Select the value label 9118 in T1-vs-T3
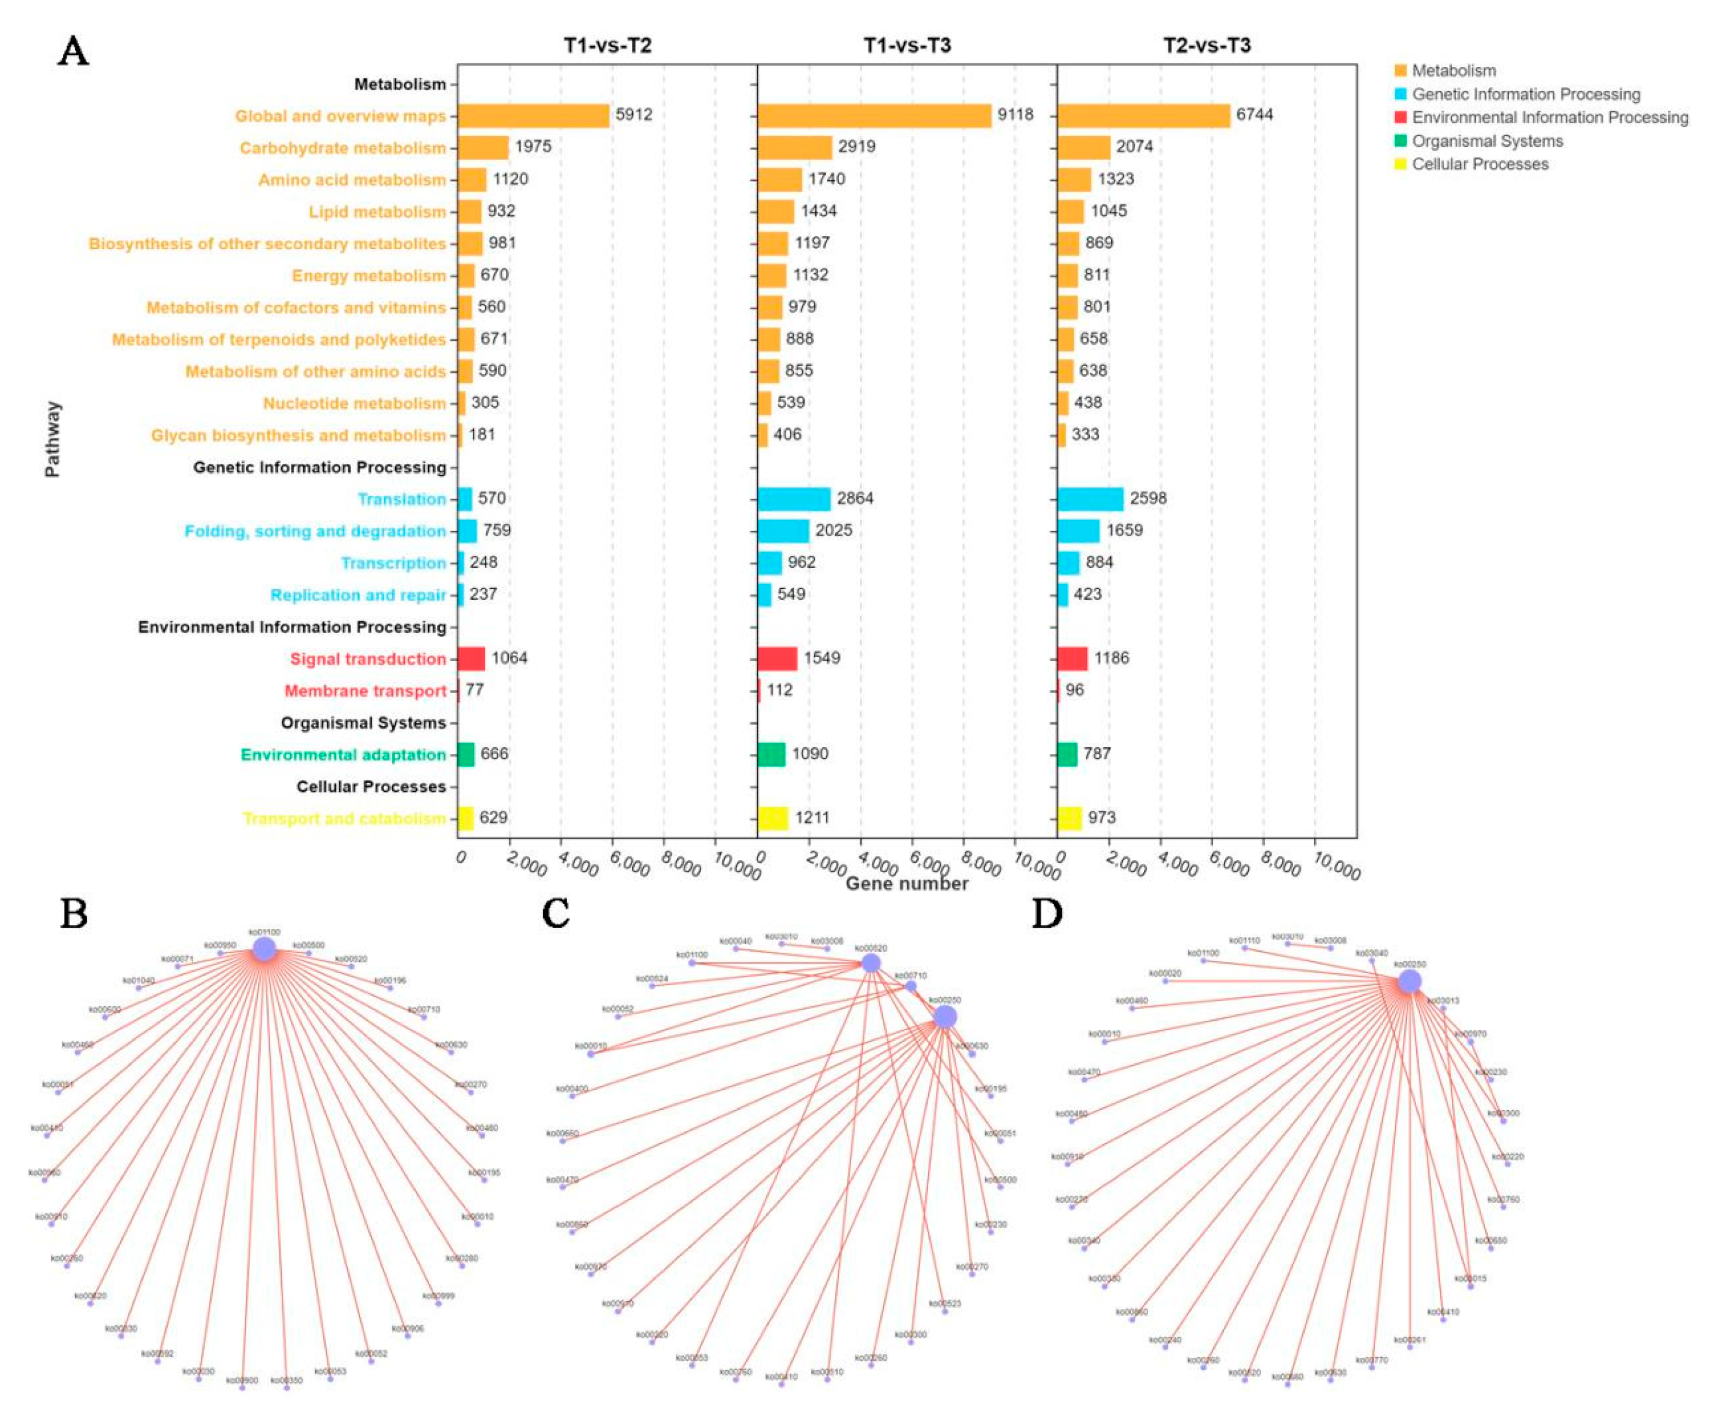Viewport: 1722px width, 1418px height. [1015, 115]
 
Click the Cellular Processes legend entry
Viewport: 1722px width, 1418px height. [1480, 164]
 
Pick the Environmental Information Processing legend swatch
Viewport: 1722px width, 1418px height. [1400, 117]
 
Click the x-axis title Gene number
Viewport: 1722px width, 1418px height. [906, 884]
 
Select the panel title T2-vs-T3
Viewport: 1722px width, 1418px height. [1206, 45]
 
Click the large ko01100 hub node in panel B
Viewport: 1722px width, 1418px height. [264, 948]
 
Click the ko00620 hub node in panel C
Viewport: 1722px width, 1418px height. [871, 963]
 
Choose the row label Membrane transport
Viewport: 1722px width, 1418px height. [365, 691]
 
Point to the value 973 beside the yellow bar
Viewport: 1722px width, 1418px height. [1101, 818]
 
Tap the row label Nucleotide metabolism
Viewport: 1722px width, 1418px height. [354, 403]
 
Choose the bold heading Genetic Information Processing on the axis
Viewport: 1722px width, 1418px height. [319, 467]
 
